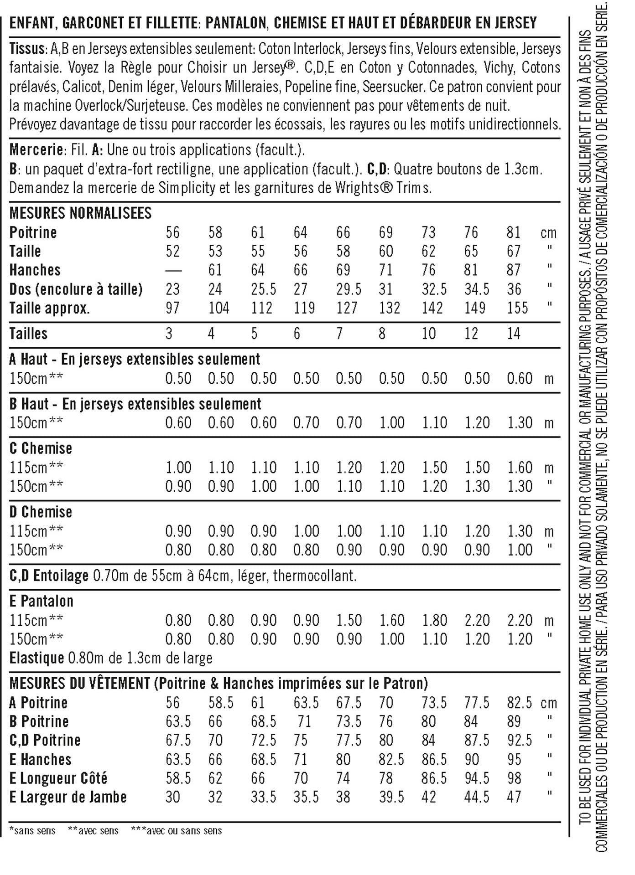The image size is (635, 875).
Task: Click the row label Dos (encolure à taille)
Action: click(76, 289)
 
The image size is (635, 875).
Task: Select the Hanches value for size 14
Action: click(514, 270)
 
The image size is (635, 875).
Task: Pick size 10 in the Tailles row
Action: click(428, 334)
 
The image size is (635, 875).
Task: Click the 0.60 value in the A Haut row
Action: click(520, 378)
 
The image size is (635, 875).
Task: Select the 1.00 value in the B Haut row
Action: click(392, 422)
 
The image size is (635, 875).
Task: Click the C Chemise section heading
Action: click(41, 448)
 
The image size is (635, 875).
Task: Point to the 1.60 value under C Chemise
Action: click(520, 467)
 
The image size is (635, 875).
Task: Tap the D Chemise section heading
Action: click(41, 512)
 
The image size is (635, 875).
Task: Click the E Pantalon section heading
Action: click(41, 601)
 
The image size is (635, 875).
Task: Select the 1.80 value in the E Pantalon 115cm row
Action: click(434, 620)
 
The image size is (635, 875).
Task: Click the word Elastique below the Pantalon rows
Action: click(36, 658)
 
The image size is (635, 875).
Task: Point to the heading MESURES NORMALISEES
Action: click(80, 213)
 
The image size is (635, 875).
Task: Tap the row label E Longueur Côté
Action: click(58, 778)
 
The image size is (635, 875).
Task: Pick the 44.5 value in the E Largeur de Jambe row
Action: click(477, 797)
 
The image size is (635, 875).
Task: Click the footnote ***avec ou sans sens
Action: click(176, 830)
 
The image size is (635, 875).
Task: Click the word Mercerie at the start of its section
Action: click(36, 149)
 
